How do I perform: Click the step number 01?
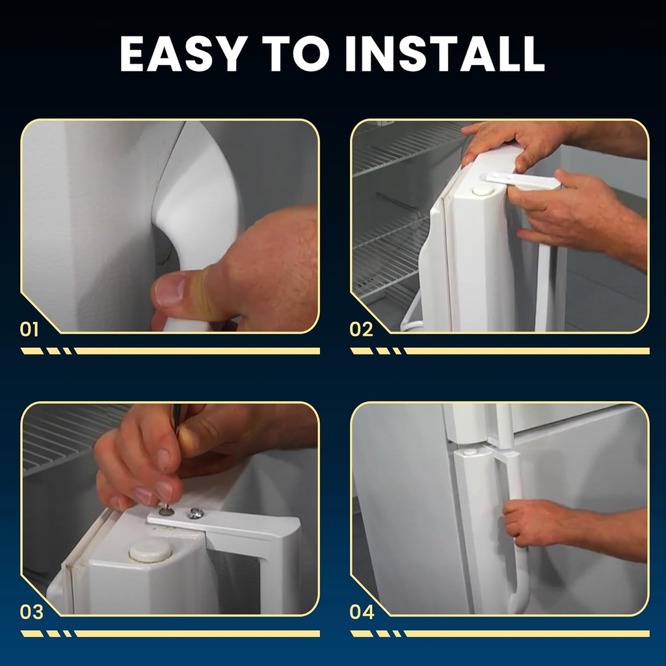(29, 329)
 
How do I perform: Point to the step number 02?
(361, 329)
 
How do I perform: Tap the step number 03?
(31, 612)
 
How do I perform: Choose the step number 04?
(362, 612)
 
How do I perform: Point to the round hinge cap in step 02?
(483, 189)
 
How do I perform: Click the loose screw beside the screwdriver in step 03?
(194, 514)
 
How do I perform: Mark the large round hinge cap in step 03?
(150, 550)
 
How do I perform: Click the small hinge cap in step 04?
(470, 451)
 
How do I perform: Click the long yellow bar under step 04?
(527, 633)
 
